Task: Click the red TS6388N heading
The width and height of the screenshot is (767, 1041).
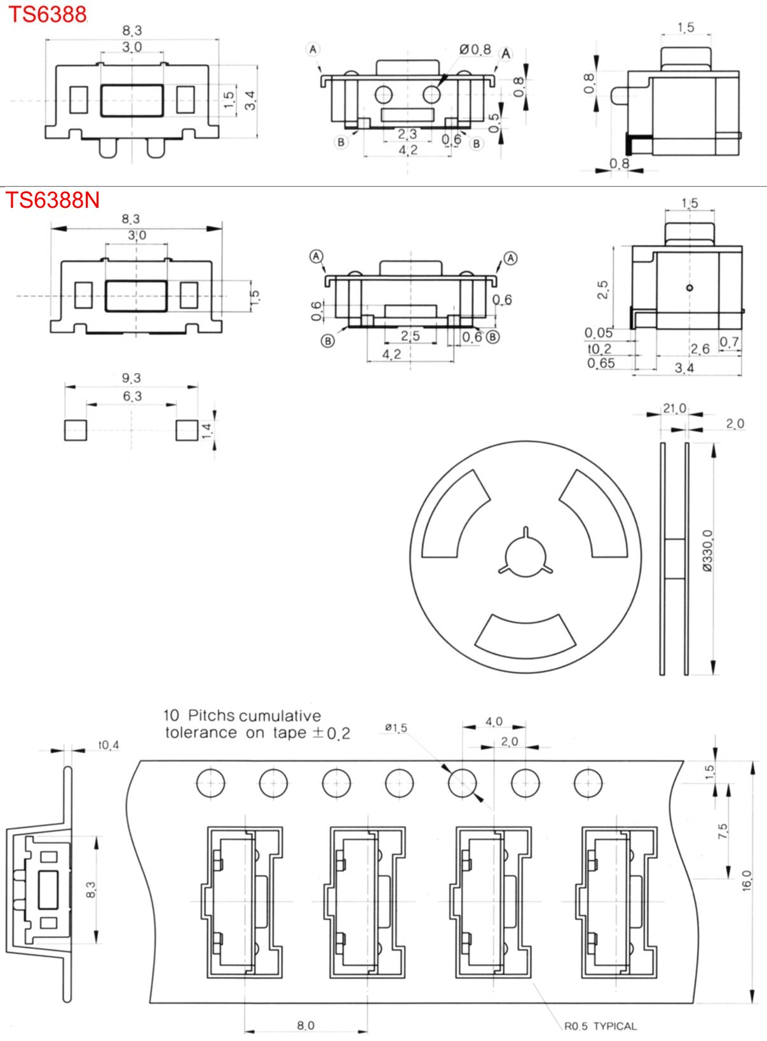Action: tap(53, 200)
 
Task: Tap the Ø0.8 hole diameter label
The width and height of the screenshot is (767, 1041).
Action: tap(475, 50)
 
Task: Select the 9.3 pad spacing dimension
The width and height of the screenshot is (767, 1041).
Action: tap(131, 378)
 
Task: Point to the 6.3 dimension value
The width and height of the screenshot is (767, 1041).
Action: tap(132, 397)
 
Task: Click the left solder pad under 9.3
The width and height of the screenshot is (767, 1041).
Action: tap(75, 430)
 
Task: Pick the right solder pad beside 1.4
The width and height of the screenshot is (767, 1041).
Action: tap(187, 430)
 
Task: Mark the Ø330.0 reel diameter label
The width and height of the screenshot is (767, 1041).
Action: tap(708, 551)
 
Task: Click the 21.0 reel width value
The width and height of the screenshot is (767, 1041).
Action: tap(674, 409)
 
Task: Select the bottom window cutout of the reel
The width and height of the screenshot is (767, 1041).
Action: tap(526, 637)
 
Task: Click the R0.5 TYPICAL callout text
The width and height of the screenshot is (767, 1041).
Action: tap(600, 1026)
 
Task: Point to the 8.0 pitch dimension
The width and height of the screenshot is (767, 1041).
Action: tap(306, 1025)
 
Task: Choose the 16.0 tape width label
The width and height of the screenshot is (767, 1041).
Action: tap(747, 880)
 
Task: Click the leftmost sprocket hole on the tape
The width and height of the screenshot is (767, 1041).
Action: tap(210, 783)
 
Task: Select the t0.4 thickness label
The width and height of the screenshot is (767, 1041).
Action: tap(108, 745)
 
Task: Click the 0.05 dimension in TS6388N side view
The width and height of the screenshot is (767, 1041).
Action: tap(599, 333)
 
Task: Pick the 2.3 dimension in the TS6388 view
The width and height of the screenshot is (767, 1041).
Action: tap(407, 134)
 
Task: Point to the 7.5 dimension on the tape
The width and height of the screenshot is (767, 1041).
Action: tap(723, 831)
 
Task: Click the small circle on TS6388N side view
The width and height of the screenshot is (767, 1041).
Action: tap(689, 288)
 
